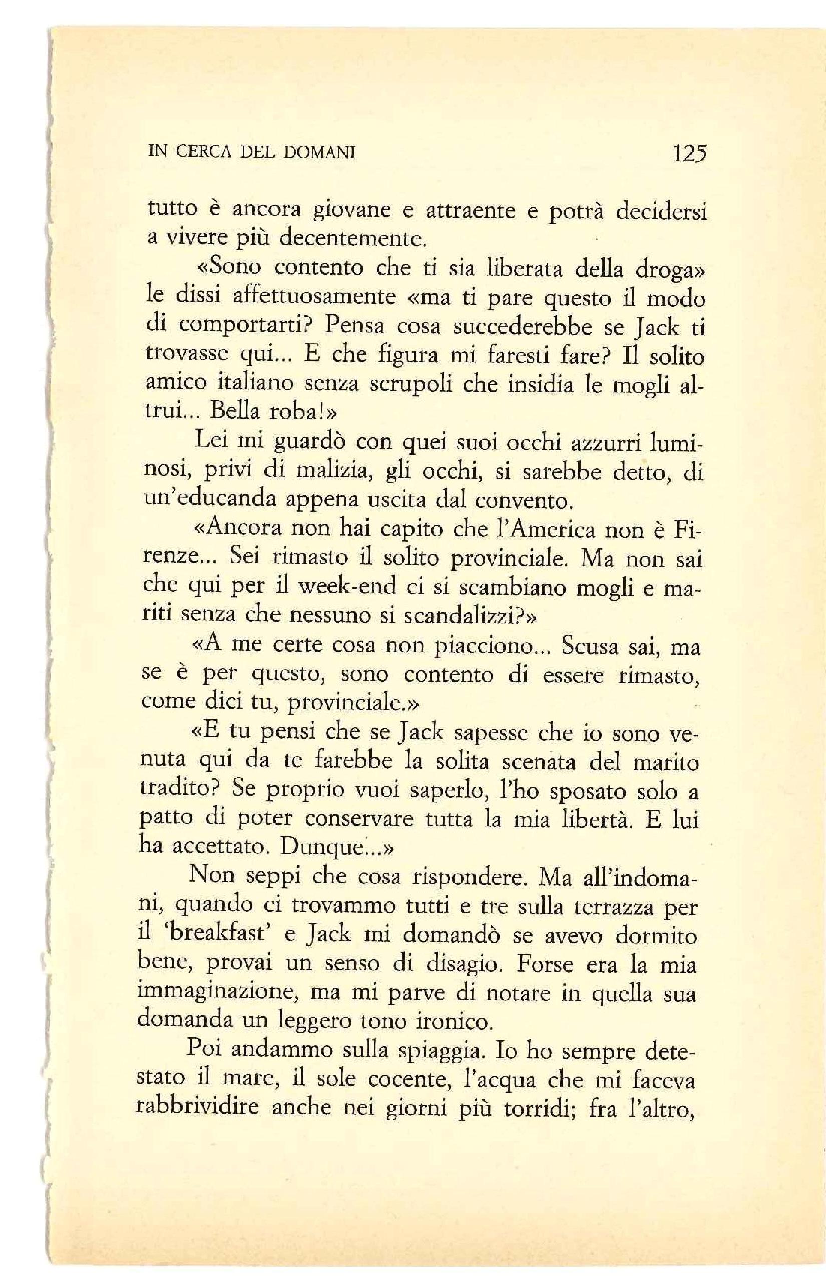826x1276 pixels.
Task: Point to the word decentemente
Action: [353, 239]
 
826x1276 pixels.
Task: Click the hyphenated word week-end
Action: [346, 587]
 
